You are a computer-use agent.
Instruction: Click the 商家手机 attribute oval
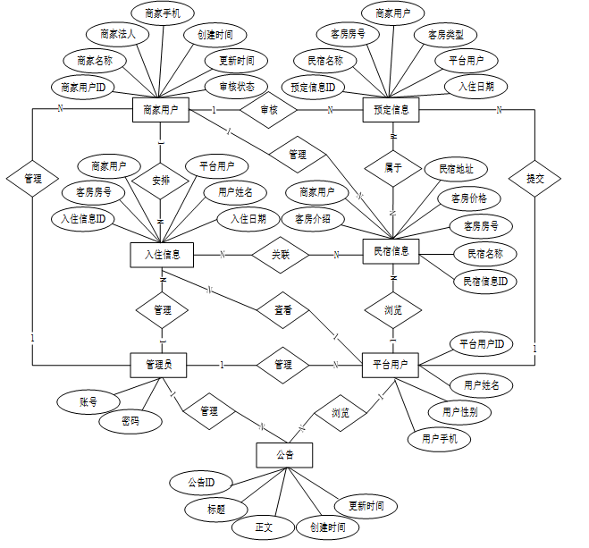[x=162, y=13]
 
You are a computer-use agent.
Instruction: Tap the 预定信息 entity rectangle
[x=391, y=110]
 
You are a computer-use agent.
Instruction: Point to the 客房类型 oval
[x=445, y=35]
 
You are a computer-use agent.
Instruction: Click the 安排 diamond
[x=162, y=179]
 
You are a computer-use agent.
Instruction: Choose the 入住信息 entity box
[x=162, y=255]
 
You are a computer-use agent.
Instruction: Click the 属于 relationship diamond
[x=393, y=166]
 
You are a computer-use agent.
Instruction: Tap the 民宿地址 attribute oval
[x=455, y=169]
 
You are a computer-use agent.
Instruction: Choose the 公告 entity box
[x=285, y=455]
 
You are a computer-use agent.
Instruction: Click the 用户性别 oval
[x=459, y=412]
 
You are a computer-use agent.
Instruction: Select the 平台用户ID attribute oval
[x=481, y=343]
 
